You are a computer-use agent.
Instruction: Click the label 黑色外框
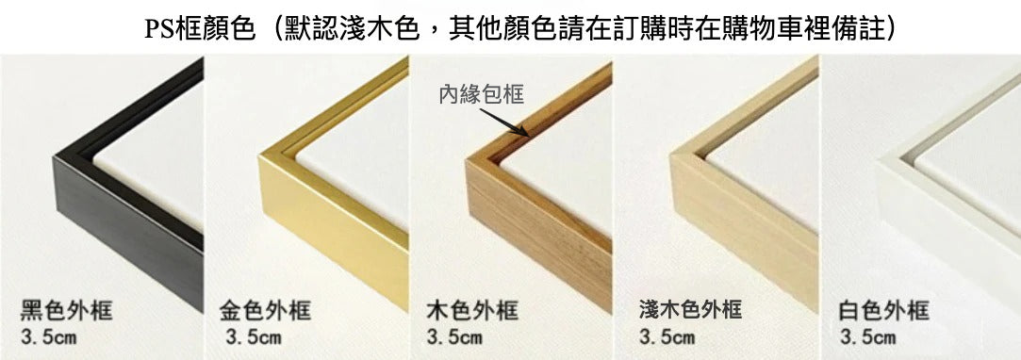point(66,311)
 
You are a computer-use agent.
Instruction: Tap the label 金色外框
point(265,311)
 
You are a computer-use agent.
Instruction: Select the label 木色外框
point(472,311)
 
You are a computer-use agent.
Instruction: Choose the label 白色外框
point(883,311)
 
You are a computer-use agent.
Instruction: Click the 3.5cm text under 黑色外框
point(49,337)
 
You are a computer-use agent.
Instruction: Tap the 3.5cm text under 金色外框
point(254,337)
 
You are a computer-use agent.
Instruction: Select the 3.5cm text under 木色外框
point(454,337)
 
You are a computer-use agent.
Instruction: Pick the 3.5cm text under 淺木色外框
point(667,337)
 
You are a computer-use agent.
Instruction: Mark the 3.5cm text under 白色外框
point(867,337)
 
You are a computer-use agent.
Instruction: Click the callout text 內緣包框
point(482,95)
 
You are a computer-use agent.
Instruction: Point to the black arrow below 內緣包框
point(504,123)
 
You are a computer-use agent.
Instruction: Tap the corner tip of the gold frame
point(259,156)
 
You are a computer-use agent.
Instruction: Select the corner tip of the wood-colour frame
point(467,158)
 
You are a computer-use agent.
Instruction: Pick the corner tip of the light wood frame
point(670,155)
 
